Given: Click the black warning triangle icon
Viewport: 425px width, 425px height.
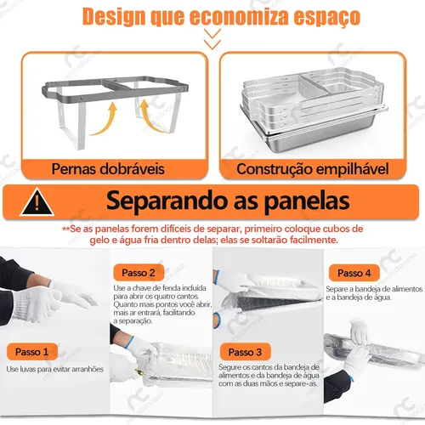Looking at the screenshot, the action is click(37, 202).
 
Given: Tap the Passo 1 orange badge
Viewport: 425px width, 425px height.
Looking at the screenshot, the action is click(32, 352).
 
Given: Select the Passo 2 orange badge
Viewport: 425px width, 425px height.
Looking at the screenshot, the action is click(139, 273).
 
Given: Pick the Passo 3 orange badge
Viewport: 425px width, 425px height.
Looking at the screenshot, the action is click(245, 352).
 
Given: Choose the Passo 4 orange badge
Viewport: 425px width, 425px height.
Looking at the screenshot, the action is click(354, 273).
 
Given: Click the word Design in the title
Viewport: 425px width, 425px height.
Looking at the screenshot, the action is click(115, 17).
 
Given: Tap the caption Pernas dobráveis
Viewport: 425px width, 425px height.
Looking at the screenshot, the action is click(108, 169).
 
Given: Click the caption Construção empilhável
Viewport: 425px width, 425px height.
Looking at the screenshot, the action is click(313, 169).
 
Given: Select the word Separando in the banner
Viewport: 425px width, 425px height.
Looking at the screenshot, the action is click(167, 201).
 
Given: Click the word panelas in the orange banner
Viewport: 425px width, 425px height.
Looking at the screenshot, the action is click(307, 201).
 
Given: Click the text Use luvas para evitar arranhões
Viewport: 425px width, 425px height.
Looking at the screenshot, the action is click(55, 369).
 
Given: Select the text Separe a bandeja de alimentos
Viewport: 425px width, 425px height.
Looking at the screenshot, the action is click(374, 289).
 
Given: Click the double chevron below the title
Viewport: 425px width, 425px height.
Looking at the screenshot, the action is click(212, 39).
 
